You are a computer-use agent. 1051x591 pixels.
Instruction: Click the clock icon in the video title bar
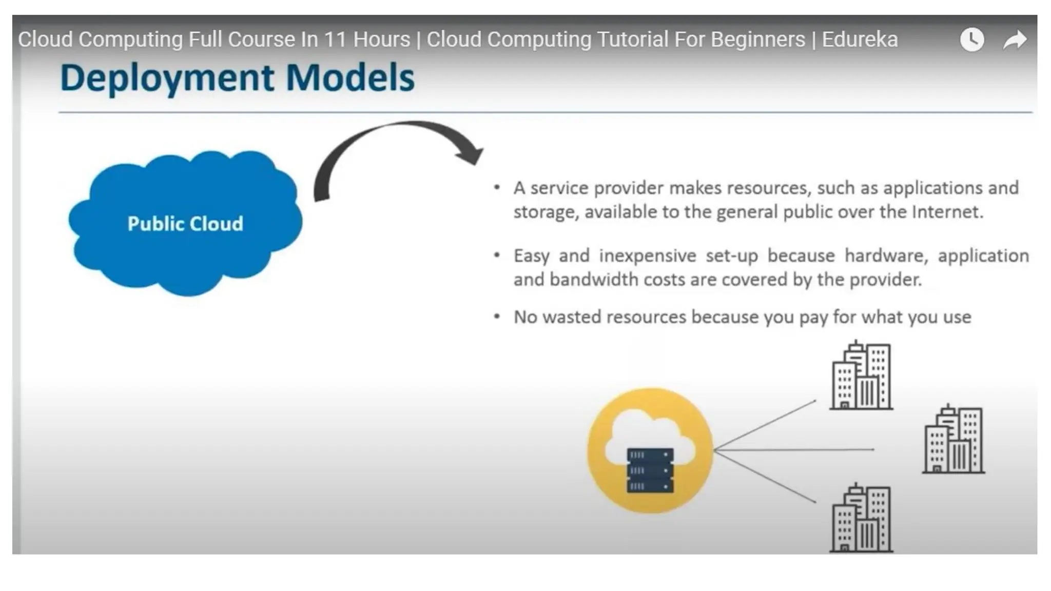[971, 40]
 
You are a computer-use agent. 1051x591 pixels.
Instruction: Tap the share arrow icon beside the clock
[1015, 40]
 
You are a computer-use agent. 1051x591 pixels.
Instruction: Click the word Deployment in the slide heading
[167, 78]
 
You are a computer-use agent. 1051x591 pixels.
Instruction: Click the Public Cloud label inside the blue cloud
[185, 224]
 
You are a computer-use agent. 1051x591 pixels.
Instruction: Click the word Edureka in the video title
[860, 40]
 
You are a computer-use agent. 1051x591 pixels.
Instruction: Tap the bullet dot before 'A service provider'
[497, 188]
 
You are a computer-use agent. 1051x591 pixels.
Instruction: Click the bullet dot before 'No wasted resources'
[497, 317]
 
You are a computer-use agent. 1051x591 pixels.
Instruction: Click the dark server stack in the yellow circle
[650, 470]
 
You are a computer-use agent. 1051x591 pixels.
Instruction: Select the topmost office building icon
[861, 376]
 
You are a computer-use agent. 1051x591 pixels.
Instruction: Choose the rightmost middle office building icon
[953, 440]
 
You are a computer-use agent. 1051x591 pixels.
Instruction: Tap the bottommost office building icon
[861, 519]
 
